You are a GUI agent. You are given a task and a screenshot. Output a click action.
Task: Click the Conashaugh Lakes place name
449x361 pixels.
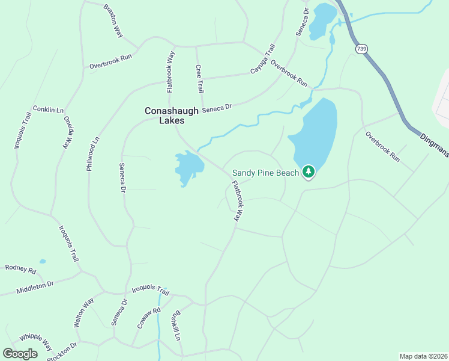click(164, 116)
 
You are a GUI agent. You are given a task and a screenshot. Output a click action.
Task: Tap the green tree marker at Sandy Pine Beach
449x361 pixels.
click(309, 173)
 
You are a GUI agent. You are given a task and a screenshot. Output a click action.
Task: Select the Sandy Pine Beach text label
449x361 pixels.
click(265, 173)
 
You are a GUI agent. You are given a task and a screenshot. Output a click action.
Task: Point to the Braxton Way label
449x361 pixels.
click(113, 21)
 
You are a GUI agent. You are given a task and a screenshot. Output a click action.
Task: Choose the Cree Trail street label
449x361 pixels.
click(199, 79)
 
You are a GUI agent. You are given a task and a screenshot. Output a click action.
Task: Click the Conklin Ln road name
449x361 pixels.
click(48, 110)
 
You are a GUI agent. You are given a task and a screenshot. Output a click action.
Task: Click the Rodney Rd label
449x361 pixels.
click(20, 268)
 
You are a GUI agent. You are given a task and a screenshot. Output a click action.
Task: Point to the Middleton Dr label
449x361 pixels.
click(35, 283)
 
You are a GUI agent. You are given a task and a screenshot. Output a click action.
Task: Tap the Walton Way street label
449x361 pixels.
click(84, 312)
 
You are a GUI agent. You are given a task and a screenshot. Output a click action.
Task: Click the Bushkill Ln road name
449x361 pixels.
click(176, 326)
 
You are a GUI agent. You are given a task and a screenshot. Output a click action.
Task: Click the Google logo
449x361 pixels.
click(20, 354)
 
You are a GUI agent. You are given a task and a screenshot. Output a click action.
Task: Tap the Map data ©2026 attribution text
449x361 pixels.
click(423, 356)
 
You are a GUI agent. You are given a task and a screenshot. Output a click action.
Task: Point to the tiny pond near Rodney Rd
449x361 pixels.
click(42, 261)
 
